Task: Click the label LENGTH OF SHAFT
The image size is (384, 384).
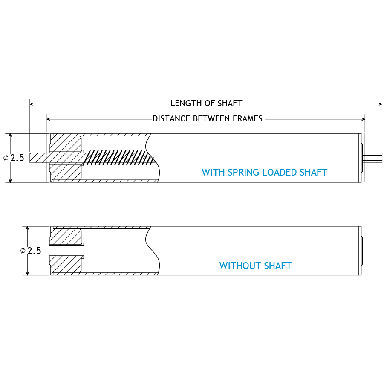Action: click(x=206, y=104)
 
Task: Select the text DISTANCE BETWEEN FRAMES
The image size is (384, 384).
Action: click(x=208, y=119)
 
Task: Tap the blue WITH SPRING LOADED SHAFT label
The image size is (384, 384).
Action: click(x=264, y=173)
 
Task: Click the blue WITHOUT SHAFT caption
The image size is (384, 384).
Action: click(x=255, y=266)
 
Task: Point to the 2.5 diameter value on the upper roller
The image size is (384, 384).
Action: click(x=17, y=158)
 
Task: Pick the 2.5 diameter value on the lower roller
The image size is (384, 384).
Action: click(x=34, y=251)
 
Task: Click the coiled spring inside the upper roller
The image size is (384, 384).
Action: click(x=119, y=158)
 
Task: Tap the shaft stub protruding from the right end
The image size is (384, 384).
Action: click(x=373, y=157)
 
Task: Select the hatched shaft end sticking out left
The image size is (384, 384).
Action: click(x=38, y=158)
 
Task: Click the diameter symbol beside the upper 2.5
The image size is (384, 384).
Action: click(x=6, y=158)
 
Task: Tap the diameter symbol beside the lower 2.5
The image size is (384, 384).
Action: click(x=23, y=251)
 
